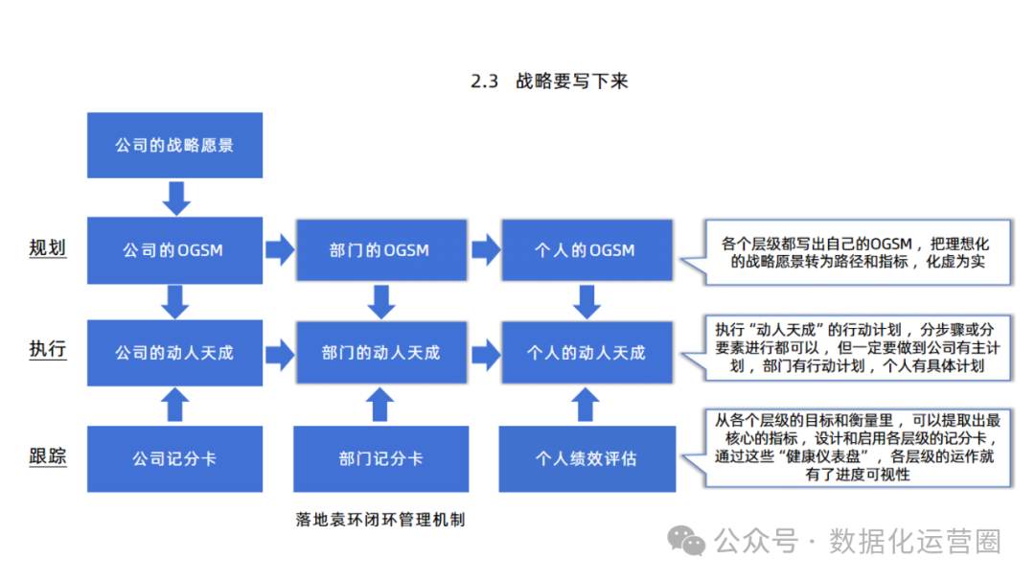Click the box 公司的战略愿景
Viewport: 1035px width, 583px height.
click(174, 146)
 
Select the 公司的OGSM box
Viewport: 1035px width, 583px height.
click(174, 250)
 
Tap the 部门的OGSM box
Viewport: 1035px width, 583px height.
click(380, 250)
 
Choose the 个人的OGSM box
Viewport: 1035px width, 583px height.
click(586, 250)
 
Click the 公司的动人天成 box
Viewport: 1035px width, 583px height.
click(174, 353)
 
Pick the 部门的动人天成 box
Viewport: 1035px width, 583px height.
click(380, 353)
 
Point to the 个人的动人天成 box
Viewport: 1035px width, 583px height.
click(586, 353)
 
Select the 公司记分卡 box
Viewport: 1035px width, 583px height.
click(174, 458)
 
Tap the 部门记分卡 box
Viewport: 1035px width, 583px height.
click(380, 458)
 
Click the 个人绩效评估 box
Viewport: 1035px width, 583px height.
click(586, 458)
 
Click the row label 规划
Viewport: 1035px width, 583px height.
click(48, 248)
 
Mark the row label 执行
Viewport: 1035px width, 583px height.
click(48, 349)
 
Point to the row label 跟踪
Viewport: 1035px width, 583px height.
click(48, 456)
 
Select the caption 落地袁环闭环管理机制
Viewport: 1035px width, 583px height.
click(380, 520)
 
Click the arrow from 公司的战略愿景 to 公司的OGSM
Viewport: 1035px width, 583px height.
click(175, 197)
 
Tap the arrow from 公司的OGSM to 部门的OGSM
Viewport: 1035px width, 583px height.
click(279, 250)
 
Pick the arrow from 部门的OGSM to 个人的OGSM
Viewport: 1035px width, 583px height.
click(485, 250)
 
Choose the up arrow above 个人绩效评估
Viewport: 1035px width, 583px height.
click(586, 405)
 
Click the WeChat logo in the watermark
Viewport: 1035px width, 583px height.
click(687, 541)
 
